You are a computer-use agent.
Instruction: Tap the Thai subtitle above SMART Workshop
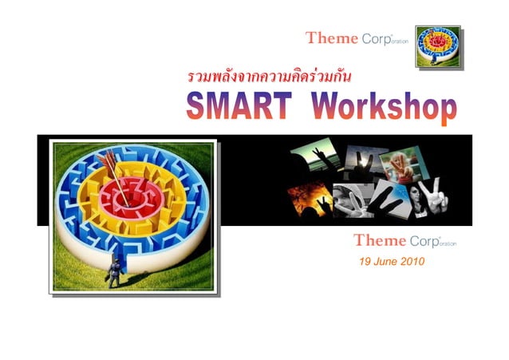click(x=270, y=77)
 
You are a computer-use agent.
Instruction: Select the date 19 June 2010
click(x=392, y=262)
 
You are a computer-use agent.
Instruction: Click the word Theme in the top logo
click(x=332, y=38)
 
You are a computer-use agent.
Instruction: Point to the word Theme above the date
click(x=380, y=240)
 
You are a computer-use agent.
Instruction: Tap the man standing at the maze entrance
click(x=115, y=271)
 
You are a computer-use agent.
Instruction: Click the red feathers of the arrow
click(x=107, y=156)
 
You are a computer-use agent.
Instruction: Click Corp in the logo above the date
click(x=423, y=240)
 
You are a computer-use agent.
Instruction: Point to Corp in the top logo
click(x=376, y=38)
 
